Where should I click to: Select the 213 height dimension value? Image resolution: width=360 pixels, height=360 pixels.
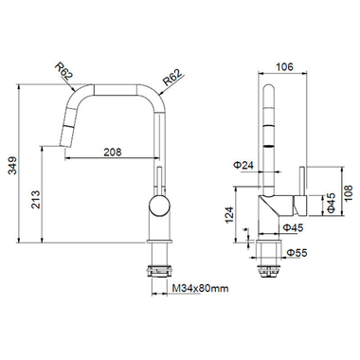[34, 201]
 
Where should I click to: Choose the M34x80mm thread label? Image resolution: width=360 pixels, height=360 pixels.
[200, 290]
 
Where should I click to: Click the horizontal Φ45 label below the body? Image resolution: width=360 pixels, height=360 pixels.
[293, 227]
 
